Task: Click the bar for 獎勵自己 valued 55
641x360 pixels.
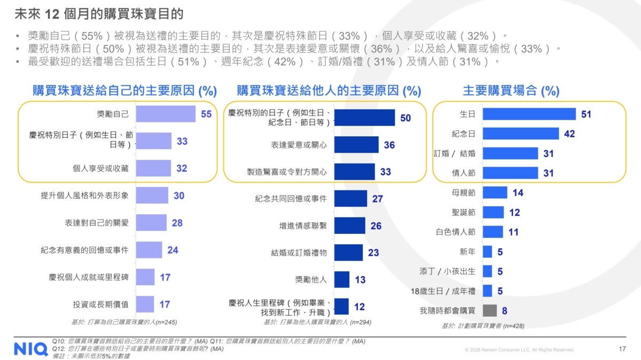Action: coord(166,114)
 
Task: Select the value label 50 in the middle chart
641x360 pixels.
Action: coord(405,118)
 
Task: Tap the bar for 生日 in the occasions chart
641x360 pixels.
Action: coord(529,114)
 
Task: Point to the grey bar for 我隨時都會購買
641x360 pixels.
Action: coord(489,310)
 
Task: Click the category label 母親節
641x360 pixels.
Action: coord(464,192)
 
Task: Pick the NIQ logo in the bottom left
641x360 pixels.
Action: coord(31,349)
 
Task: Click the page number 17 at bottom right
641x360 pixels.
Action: coord(622,349)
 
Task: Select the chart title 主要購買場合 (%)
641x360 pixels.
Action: coord(511,91)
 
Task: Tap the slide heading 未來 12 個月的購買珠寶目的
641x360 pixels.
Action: coord(101,13)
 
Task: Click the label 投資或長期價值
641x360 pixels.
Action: coord(101,304)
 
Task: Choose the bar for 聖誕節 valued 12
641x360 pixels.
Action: coord(493,212)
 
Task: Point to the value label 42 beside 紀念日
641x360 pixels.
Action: coord(569,134)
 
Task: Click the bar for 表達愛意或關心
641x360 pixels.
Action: coord(356,145)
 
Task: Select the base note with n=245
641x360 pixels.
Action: coord(124,322)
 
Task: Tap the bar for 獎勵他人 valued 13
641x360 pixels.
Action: coord(342,279)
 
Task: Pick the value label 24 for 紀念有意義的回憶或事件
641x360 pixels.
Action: coord(173,250)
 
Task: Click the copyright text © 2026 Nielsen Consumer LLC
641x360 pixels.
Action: coord(519,350)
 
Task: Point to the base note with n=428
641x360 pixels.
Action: coord(482,326)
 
